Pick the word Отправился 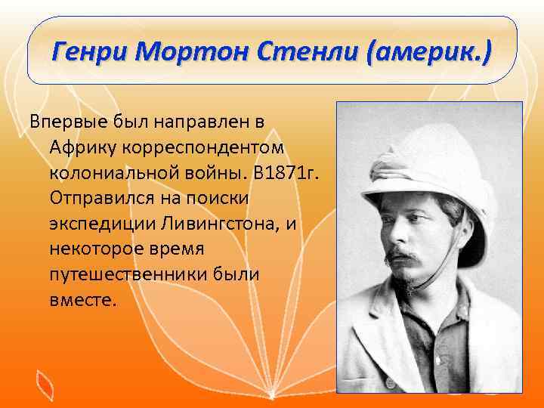[99, 197]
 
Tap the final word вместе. [84, 300]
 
